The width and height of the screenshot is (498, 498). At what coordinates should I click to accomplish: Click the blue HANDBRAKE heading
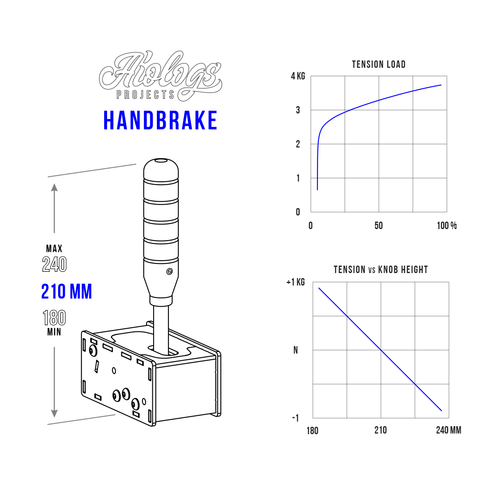160,120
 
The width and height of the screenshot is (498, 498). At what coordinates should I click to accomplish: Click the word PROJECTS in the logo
146,95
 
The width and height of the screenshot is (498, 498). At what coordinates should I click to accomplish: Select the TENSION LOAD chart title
378,64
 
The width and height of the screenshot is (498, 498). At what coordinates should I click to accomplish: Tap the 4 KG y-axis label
298,76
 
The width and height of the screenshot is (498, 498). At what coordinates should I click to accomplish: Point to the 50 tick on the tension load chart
378,226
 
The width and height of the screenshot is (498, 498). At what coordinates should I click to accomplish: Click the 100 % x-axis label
447,226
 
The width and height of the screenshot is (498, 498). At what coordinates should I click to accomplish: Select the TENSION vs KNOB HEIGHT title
381,270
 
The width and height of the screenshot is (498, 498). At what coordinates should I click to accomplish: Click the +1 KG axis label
295,282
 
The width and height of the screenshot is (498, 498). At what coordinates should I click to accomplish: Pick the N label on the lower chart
295,350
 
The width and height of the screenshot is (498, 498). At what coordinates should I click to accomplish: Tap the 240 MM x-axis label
448,430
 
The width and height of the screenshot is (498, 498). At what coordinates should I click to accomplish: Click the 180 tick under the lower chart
312,430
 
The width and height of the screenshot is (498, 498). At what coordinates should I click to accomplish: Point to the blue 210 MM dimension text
67,291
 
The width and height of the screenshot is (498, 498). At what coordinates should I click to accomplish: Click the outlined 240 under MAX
54,264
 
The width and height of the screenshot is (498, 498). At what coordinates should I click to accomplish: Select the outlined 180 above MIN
54,318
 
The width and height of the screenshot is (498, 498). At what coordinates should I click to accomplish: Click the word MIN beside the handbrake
54,332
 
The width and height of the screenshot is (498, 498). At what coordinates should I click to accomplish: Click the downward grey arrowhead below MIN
54,413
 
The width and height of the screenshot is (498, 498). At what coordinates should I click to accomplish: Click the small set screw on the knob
169,272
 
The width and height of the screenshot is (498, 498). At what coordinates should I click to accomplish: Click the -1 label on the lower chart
295,418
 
